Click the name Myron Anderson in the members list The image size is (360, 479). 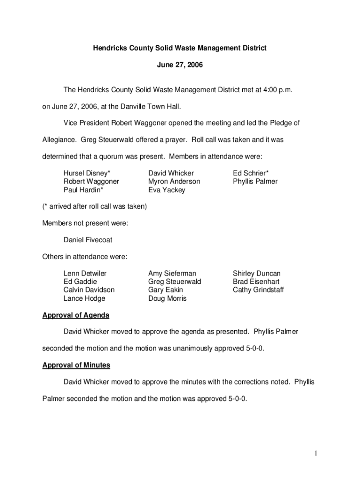point(174,181)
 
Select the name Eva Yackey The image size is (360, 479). point(166,190)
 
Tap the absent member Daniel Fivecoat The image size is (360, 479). point(88,240)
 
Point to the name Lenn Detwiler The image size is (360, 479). point(85,273)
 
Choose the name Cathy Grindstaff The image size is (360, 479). point(258,290)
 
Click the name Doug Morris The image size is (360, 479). point(167,298)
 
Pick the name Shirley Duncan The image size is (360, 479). point(257,273)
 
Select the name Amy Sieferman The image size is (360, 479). point(172,273)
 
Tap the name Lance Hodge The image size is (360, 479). point(85,298)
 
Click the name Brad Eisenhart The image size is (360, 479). point(256,282)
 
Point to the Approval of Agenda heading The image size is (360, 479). point(76,315)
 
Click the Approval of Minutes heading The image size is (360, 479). point(76,365)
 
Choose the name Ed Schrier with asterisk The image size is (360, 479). point(251,173)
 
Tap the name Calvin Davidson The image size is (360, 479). point(89,290)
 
